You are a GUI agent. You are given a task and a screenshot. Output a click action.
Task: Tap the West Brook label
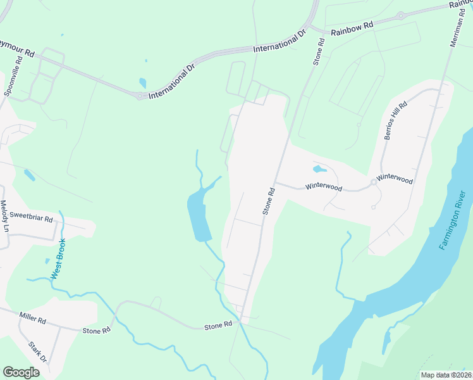pyautogui.click(x=58, y=258)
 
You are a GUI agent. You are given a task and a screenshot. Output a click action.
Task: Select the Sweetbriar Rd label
pyautogui.click(x=31, y=217)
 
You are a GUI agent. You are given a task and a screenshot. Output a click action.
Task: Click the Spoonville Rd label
pyautogui.click(x=13, y=75)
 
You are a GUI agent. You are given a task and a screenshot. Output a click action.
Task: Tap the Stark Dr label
pyautogui.click(x=39, y=352)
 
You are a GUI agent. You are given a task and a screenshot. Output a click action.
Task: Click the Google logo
pyautogui.click(x=21, y=372)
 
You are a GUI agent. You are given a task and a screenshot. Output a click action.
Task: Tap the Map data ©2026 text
pyautogui.click(x=446, y=375)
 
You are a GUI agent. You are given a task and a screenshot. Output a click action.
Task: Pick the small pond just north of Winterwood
pyautogui.click(x=319, y=169)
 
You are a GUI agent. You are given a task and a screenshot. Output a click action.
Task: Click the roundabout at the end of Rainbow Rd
pyautogui.click(x=400, y=16)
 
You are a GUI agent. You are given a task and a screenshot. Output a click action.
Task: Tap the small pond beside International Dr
pyautogui.click(x=142, y=83)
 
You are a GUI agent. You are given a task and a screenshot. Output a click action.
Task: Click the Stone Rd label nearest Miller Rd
pyautogui.click(x=96, y=330)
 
